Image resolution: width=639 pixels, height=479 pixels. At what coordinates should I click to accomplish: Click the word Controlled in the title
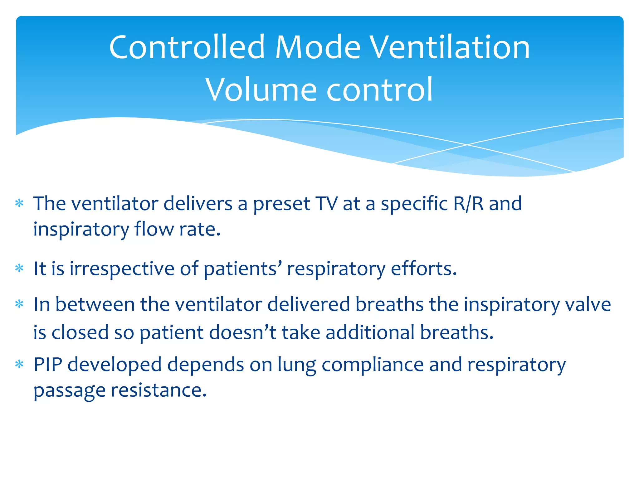[x=187, y=47]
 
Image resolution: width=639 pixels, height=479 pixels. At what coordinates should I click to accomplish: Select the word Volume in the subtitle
[x=261, y=90]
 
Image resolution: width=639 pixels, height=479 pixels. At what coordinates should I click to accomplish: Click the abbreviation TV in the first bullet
[x=326, y=204]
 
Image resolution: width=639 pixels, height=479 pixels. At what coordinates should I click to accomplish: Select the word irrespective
[x=122, y=269]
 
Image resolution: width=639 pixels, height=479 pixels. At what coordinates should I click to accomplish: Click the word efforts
[x=424, y=269]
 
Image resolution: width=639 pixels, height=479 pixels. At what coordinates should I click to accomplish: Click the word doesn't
[x=243, y=332]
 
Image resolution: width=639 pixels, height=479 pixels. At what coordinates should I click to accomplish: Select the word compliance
[x=373, y=365]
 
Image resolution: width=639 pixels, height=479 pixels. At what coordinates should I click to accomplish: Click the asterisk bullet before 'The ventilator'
[x=19, y=204]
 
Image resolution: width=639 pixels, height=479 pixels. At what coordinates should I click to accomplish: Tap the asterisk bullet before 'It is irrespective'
[x=19, y=268]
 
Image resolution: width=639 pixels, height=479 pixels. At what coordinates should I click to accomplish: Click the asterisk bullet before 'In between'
[x=19, y=304]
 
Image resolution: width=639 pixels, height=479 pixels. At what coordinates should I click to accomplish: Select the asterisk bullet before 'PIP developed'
[x=19, y=364]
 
